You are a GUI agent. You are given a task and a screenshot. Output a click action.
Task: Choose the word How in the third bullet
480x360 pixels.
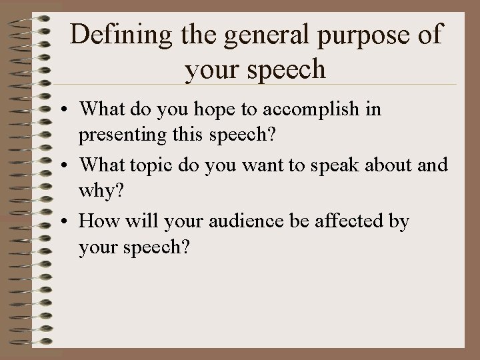click(96, 221)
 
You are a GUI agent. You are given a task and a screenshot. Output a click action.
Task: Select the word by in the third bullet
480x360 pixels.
click(398, 221)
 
